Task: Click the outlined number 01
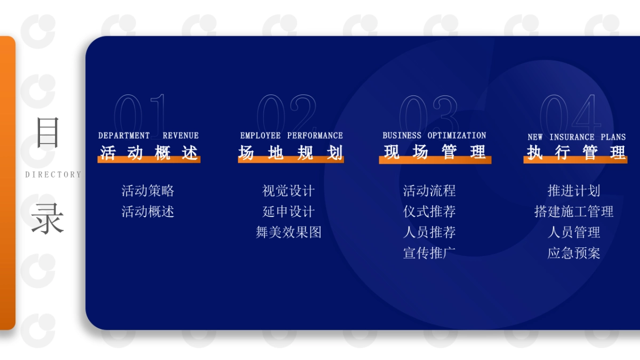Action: [141, 113]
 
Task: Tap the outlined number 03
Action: [428, 113]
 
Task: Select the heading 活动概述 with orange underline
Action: [149, 153]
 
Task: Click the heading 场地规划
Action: [291, 153]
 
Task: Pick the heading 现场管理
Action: [435, 153]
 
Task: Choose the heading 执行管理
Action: [576, 153]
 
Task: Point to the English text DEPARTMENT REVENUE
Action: [148, 135]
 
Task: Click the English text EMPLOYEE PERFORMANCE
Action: [291, 135]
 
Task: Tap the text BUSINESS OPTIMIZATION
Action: [434, 135]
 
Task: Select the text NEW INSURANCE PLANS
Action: [577, 137]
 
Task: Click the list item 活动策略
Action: [148, 191]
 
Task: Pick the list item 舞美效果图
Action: [289, 233]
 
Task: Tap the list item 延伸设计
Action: [289, 212]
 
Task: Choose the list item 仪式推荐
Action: [429, 212]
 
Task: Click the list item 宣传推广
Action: [429, 253]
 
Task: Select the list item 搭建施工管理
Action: [574, 212]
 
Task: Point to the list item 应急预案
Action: [574, 253]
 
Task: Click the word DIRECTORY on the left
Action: [53, 174]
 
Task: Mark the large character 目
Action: [47, 133]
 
